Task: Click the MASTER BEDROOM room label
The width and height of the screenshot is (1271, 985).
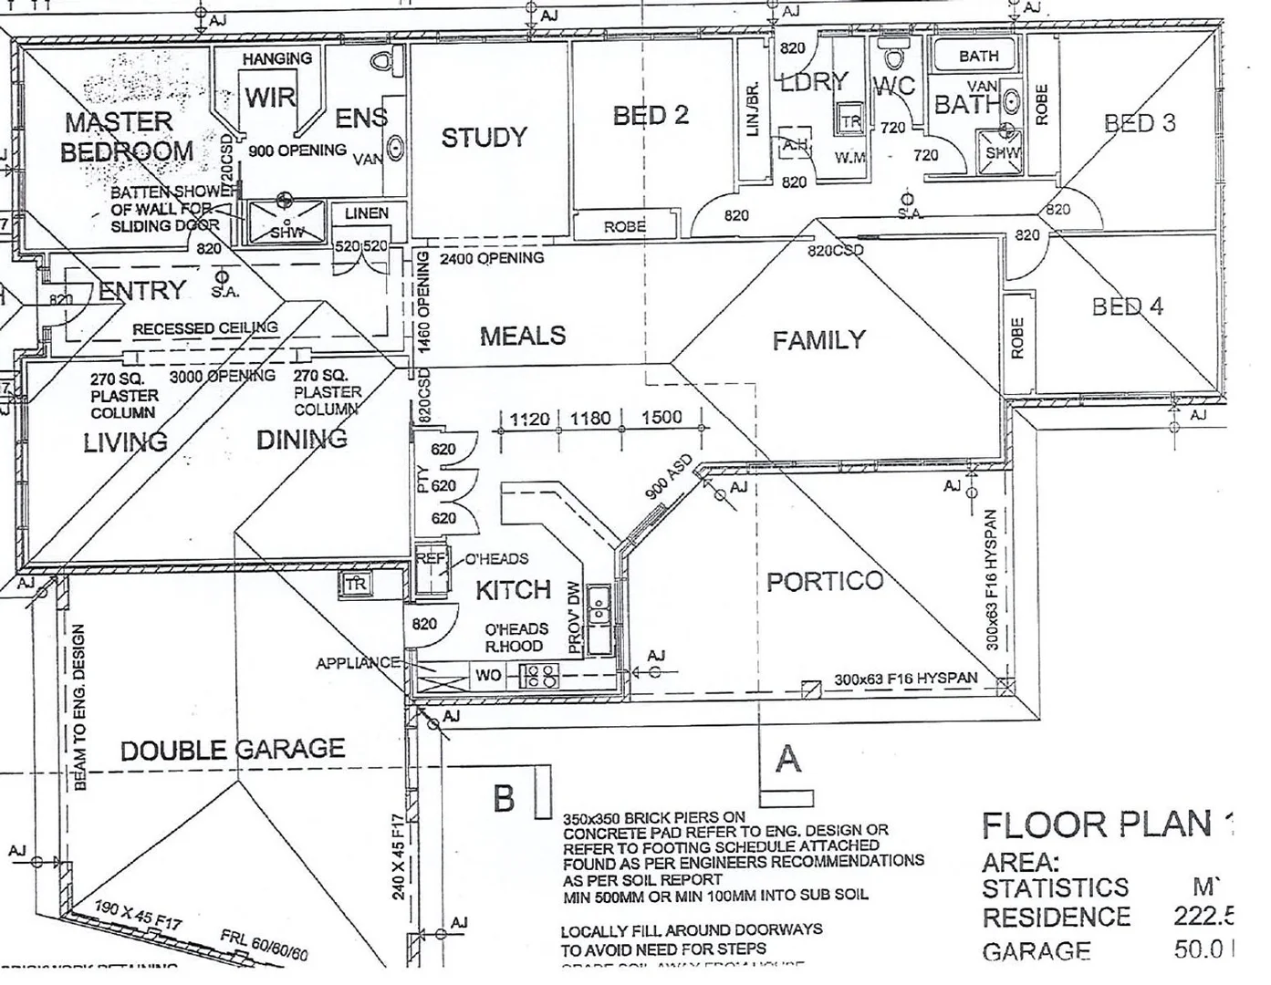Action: [x=127, y=136]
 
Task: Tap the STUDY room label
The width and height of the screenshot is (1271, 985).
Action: [x=484, y=138]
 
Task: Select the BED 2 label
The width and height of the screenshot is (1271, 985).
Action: [x=650, y=115]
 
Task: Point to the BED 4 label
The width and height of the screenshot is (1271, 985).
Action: [x=1127, y=306]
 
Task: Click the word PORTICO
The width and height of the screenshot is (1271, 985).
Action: [x=824, y=581]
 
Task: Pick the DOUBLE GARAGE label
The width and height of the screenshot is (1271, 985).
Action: [x=233, y=750]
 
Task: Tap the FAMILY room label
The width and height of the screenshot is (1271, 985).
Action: [x=818, y=340]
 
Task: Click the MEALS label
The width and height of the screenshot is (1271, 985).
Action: [x=523, y=336]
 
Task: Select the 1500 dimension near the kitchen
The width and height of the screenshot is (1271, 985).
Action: [x=662, y=418]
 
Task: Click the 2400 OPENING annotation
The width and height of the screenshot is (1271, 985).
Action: [x=492, y=258]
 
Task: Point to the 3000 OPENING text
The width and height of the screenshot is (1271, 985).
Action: [x=223, y=376]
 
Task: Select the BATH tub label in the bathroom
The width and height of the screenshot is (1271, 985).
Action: [x=978, y=56]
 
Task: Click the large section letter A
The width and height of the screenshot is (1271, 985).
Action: [x=787, y=758]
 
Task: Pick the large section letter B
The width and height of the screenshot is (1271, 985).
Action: [x=504, y=798]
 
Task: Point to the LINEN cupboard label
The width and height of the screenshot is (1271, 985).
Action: [x=366, y=213]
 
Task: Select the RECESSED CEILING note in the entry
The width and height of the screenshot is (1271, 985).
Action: [x=204, y=328]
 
